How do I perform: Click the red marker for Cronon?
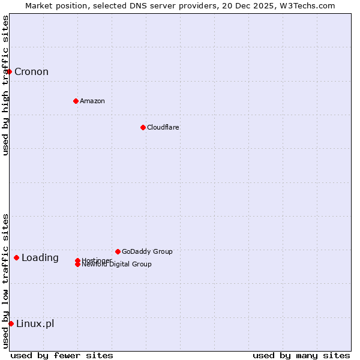(9, 72)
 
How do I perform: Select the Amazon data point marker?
(76, 101)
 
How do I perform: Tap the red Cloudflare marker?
(143, 127)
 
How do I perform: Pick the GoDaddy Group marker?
(118, 251)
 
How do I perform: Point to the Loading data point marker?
(16, 257)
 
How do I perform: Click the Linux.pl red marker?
(11, 323)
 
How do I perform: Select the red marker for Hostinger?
(77, 260)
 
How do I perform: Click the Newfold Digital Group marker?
(77, 265)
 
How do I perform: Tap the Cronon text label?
(31, 72)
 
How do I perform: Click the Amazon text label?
(92, 101)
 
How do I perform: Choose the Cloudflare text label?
(163, 127)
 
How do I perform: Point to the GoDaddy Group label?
(147, 251)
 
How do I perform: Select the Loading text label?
(40, 258)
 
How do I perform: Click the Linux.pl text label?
(35, 324)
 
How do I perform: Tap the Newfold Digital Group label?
(117, 265)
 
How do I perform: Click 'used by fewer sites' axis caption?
(62, 355)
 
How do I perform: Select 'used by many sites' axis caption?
(301, 355)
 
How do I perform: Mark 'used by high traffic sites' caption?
(6, 85)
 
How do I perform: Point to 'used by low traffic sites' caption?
(6, 281)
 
